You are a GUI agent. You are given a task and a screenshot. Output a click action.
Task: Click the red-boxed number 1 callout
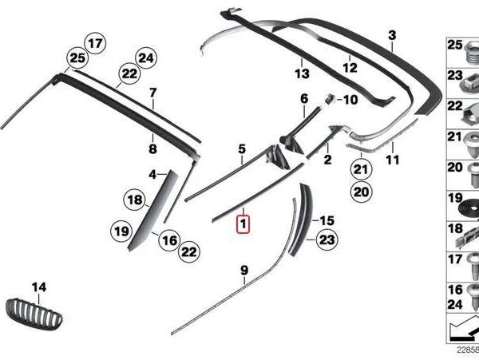tap(243, 224)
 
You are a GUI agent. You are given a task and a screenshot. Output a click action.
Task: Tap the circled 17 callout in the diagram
tap(95, 43)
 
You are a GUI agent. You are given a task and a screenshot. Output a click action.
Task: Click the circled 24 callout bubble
tap(146, 58)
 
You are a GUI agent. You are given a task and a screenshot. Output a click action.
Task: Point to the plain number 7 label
tap(152, 93)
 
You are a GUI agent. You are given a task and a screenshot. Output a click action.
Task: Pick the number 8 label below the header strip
tap(152, 149)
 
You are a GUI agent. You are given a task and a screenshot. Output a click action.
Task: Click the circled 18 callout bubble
tap(135, 200)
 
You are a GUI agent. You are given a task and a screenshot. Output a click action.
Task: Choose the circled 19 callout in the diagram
tap(121, 231)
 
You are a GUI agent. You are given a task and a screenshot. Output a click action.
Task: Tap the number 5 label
tap(242, 149)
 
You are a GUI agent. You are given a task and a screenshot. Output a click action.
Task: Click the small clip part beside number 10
tap(330, 99)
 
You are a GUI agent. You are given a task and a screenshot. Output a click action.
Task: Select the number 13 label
tap(302, 73)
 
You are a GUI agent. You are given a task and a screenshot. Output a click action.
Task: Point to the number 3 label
tap(392, 35)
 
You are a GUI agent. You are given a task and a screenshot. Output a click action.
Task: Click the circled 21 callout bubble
tap(360, 169)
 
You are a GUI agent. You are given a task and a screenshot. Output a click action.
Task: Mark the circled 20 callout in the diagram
tap(362, 192)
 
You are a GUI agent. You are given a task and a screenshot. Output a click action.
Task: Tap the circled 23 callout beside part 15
tap(327, 240)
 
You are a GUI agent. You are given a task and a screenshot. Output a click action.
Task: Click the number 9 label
tap(244, 271)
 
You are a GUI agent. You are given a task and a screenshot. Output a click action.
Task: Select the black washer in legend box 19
tap(469, 208)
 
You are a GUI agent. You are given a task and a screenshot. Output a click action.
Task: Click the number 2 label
tap(327, 160)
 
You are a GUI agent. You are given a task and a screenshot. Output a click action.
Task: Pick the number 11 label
tap(392, 160)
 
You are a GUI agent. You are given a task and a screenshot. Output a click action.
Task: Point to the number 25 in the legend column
tap(455, 45)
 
